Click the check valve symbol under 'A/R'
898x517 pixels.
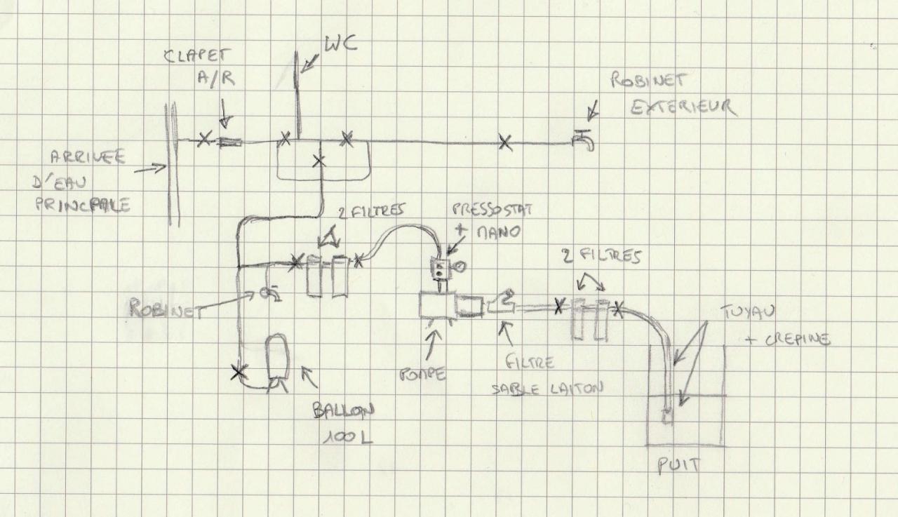229,142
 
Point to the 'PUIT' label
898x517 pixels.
678,466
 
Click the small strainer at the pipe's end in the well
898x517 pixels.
668,415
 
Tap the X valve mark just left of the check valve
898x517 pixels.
203,140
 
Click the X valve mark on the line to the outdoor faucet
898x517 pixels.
504,142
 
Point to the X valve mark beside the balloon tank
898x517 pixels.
239,372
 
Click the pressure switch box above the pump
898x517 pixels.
440,267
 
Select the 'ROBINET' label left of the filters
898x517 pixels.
163,309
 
